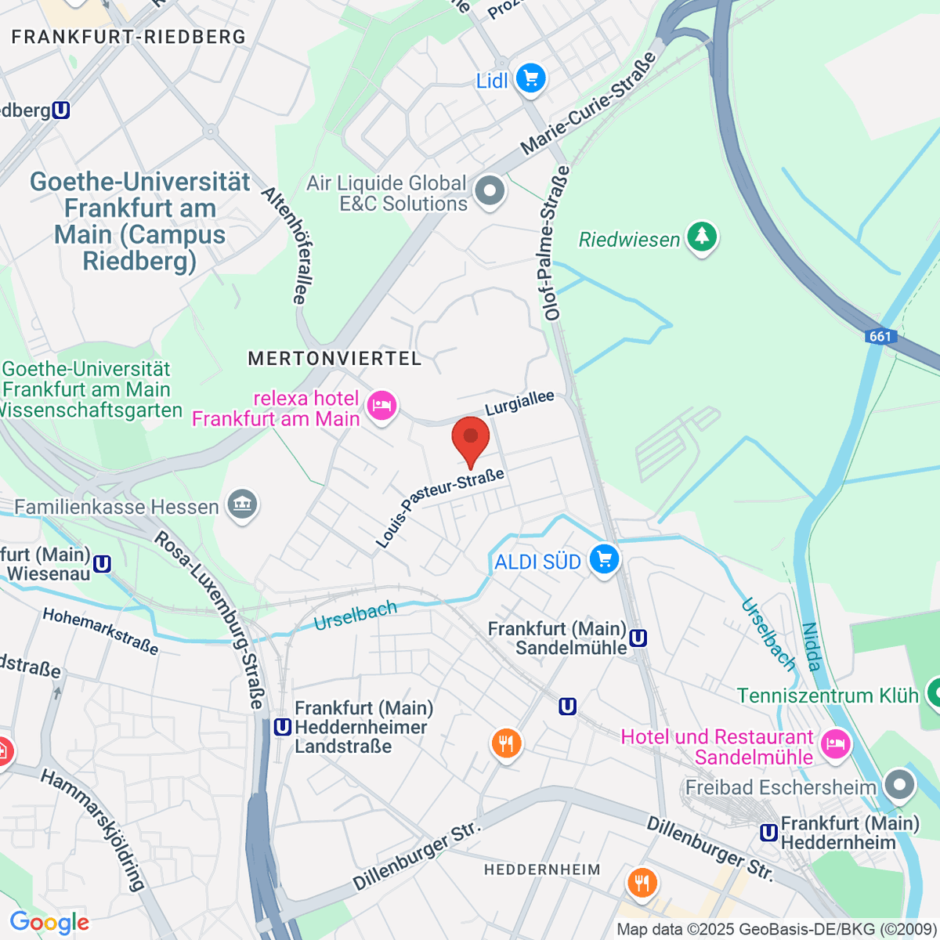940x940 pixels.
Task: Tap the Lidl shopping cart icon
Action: pos(531,79)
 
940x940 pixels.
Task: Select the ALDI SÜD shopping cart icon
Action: pos(604,560)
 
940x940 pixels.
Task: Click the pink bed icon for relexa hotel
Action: pos(381,406)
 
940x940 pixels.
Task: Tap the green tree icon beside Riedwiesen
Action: pos(702,237)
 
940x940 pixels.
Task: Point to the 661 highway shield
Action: pos(880,336)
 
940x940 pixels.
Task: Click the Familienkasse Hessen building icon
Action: pos(242,505)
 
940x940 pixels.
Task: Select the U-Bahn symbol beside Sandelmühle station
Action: pos(638,638)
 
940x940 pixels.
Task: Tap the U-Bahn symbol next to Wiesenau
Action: pos(102,563)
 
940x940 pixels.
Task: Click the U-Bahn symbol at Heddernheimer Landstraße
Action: pos(282,727)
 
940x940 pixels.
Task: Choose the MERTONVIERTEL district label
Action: pos(334,359)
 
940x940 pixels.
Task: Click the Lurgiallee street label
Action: pos(519,403)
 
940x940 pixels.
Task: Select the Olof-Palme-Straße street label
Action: pos(553,243)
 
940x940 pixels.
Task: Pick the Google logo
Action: pos(49,922)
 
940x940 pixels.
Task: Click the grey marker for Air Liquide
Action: pos(490,190)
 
